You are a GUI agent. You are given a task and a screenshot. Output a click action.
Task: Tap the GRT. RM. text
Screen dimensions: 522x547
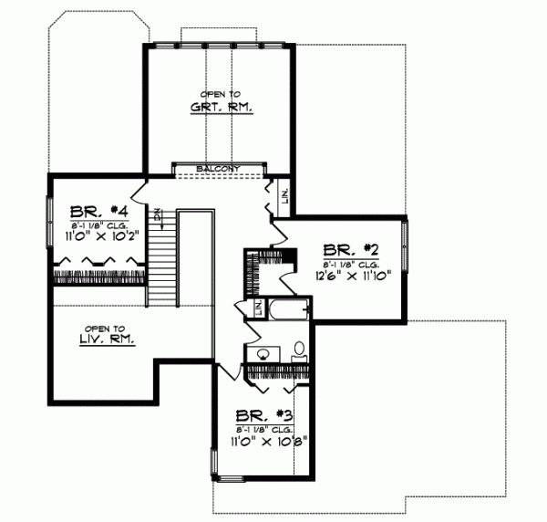click(221, 107)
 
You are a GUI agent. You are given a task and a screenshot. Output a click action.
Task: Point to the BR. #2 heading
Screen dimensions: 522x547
click(345, 248)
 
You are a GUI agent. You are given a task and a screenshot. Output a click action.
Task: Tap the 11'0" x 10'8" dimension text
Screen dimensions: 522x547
click(265, 439)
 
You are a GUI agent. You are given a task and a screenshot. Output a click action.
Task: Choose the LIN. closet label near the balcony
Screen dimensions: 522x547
click(285, 195)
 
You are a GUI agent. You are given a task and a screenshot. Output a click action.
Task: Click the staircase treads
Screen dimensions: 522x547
click(160, 266)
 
